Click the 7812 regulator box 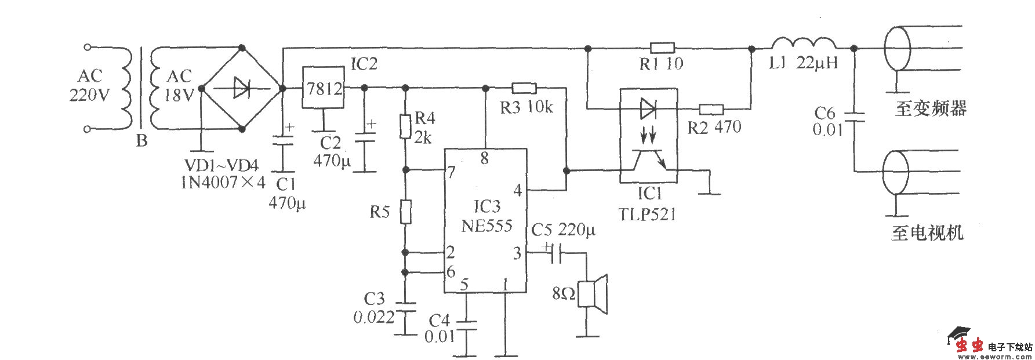coord(324,88)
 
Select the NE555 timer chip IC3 coord(486,220)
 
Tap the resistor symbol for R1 coord(662,48)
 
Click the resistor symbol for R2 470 coord(711,108)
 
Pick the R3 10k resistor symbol coord(524,88)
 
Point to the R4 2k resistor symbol coord(406,127)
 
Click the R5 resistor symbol coord(406,212)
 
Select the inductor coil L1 coord(804,45)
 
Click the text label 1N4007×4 coord(223,182)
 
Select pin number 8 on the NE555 coord(485,158)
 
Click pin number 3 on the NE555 coord(517,253)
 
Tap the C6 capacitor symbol coord(854,118)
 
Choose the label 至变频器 coord(930,108)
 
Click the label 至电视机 coord(927,233)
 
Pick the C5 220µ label coord(563,230)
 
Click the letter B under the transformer coord(141,141)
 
